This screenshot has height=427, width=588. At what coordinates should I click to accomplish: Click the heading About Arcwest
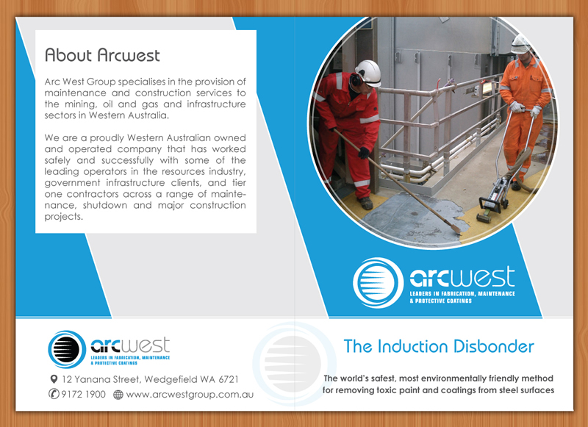click(102, 55)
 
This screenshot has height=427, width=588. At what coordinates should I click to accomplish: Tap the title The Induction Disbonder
click(439, 346)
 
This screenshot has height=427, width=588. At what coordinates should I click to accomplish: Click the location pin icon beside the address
click(54, 379)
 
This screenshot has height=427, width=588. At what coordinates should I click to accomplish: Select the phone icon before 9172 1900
click(54, 395)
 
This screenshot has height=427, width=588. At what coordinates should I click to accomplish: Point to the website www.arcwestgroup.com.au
click(190, 395)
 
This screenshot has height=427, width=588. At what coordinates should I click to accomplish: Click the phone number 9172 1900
click(84, 395)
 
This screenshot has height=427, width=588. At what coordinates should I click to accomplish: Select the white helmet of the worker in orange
click(521, 43)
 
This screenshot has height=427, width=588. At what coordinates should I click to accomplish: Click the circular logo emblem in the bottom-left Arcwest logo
click(68, 349)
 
